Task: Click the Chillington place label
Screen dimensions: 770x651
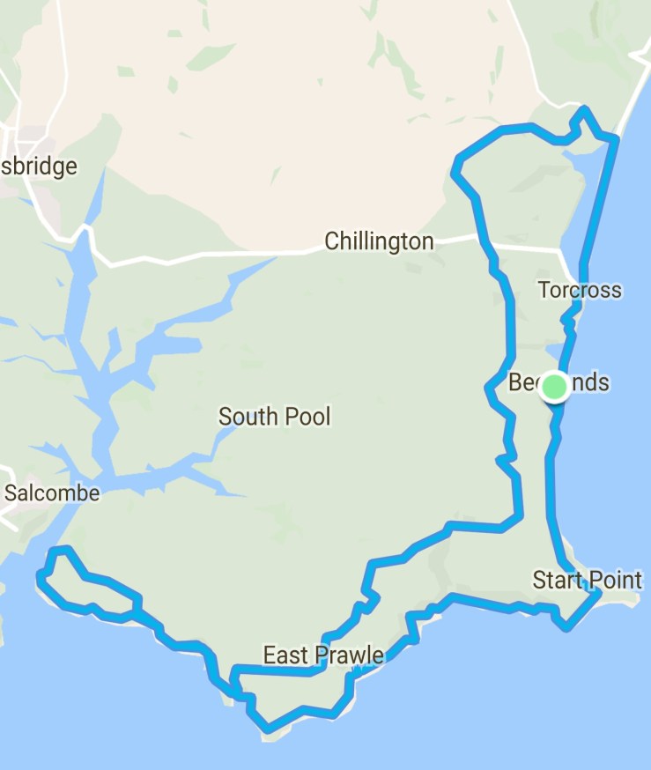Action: click(379, 241)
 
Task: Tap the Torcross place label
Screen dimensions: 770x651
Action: click(580, 290)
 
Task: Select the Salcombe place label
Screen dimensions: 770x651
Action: click(51, 493)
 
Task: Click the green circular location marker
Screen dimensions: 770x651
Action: click(554, 386)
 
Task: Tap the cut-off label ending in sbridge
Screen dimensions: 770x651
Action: click(39, 167)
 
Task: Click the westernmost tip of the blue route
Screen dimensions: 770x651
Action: click(40, 576)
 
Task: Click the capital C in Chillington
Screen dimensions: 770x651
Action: click(332, 241)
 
